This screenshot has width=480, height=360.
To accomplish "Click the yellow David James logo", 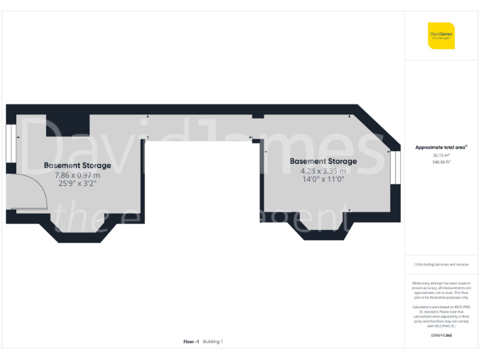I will pyautogui.click(x=441, y=35).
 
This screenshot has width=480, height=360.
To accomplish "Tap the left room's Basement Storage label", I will pyautogui.click(x=77, y=166).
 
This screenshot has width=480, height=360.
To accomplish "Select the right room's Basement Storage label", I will pyautogui.click(x=323, y=161).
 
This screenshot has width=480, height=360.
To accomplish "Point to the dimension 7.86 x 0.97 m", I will pyautogui.click(x=77, y=175).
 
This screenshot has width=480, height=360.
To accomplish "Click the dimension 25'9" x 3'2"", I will pyautogui.click(x=77, y=184).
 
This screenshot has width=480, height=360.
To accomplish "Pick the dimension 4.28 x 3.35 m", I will pyautogui.click(x=323, y=170).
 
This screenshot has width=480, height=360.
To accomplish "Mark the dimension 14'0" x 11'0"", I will pyautogui.click(x=323, y=179).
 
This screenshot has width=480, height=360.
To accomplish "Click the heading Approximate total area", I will pyautogui.click(x=441, y=147).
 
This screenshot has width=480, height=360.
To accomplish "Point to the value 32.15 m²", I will pyautogui.click(x=441, y=155).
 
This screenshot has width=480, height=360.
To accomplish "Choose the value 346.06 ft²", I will pyautogui.click(x=441, y=162).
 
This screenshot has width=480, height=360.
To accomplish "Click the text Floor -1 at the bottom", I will pyautogui.click(x=191, y=342).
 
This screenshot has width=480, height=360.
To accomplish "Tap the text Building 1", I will pyautogui.click(x=213, y=342).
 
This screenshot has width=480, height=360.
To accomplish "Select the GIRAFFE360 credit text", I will pyautogui.click(x=441, y=336).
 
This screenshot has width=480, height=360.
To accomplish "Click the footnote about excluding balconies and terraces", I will pyautogui.click(x=441, y=264).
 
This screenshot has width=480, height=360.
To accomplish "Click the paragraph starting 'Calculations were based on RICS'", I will pyautogui.click(x=441, y=317).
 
